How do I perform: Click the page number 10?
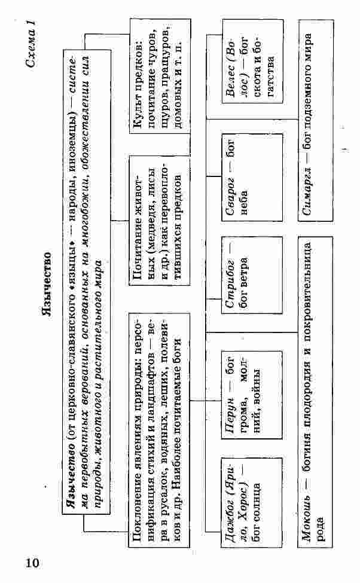(32, 563)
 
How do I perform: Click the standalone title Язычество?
(46, 285)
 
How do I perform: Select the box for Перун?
(252, 395)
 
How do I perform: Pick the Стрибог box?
(252, 275)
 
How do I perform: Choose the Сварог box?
(252, 178)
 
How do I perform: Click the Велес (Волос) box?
(252, 62)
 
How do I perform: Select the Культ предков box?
(160, 75)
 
